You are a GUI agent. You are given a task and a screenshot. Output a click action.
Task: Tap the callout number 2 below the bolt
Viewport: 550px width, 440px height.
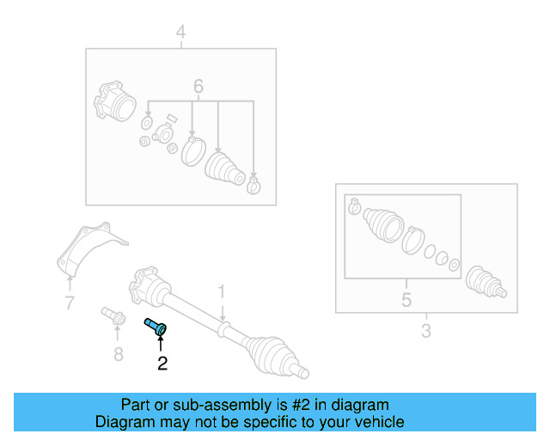coord(162,364)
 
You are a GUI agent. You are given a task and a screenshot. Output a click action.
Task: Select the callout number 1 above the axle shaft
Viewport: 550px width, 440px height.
coord(221,291)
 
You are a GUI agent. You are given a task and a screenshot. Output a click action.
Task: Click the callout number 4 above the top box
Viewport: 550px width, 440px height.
coord(180,33)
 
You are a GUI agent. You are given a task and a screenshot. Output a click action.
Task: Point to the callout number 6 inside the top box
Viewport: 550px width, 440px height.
coord(199,86)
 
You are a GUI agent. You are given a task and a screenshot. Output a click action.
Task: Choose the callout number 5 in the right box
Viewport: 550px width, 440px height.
coord(406,299)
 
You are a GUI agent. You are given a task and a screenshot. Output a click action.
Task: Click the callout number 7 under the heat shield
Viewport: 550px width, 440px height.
coord(70,302)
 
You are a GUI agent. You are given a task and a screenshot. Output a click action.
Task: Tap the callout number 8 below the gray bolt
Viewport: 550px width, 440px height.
coord(119,353)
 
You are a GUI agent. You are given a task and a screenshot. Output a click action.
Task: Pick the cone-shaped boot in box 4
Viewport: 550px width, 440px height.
coord(225,169)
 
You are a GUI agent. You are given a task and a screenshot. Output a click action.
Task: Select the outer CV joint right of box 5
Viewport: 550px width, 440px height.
coord(483,281)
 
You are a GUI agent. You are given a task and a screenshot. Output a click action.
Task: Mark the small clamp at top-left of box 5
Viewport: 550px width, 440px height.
coord(353,206)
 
